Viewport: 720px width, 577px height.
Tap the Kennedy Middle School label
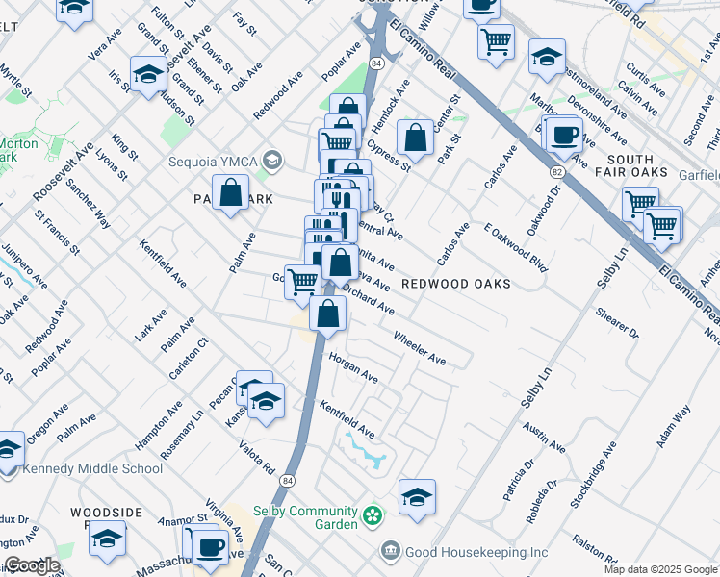[x=93, y=468]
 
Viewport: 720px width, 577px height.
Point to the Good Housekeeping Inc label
[x=476, y=552]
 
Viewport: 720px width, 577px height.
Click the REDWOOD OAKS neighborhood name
[x=455, y=284]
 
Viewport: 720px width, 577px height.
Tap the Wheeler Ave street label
[x=420, y=348]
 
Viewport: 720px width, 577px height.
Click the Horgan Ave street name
[x=353, y=367]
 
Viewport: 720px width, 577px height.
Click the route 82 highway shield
[x=557, y=171]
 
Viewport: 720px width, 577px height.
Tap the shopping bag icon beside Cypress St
[x=415, y=138]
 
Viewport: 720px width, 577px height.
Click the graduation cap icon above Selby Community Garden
[x=417, y=496]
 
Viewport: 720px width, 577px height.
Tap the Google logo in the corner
[x=31, y=565]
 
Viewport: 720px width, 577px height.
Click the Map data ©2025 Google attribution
[x=660, y=569]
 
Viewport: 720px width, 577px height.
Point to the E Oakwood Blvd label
[x=516, y=248]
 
